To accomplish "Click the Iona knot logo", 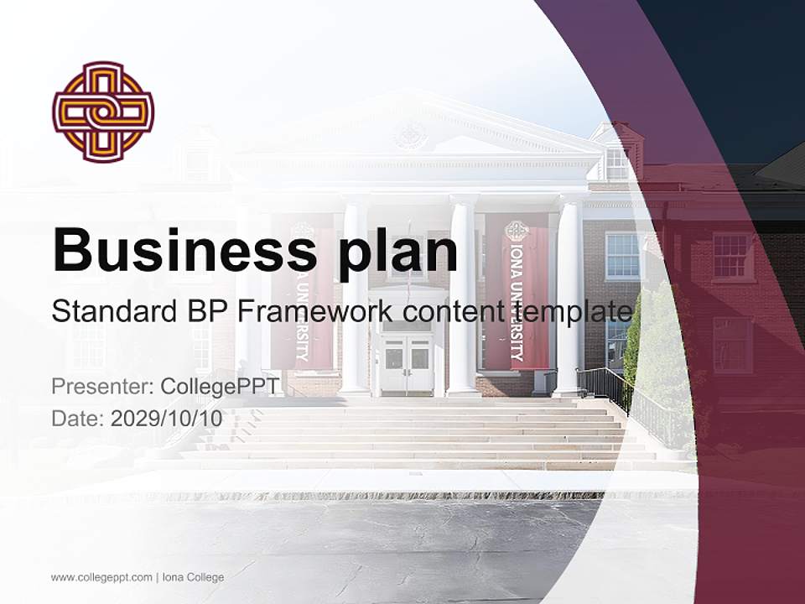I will coord(103,112).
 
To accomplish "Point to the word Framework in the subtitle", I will coord(315,311).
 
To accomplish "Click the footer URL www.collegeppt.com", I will coord(101,577).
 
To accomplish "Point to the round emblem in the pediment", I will coord(410,134).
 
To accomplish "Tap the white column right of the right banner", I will coord(569,294).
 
